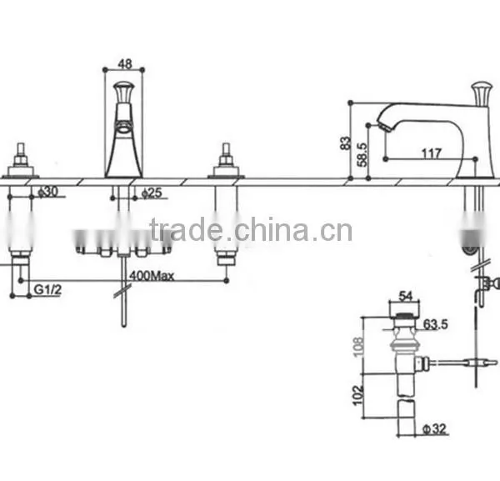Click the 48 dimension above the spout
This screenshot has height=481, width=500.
(125, 64)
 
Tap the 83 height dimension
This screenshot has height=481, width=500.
(345, 143)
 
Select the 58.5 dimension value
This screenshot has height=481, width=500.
(362, 154)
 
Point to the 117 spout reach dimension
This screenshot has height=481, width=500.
(432, 153)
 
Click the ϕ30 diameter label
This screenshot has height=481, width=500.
(48, 192)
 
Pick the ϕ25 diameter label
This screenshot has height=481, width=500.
(152, 193)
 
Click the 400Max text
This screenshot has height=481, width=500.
(152, 276)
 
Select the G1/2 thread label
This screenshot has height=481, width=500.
(47, 289)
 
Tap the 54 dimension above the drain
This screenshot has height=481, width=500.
(405, 296)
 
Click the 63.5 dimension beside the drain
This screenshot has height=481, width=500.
(436, 324)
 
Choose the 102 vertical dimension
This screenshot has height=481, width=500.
(358, 395)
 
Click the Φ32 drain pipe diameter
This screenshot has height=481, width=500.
(434, 428)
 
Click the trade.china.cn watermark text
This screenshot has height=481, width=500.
(251, 229)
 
